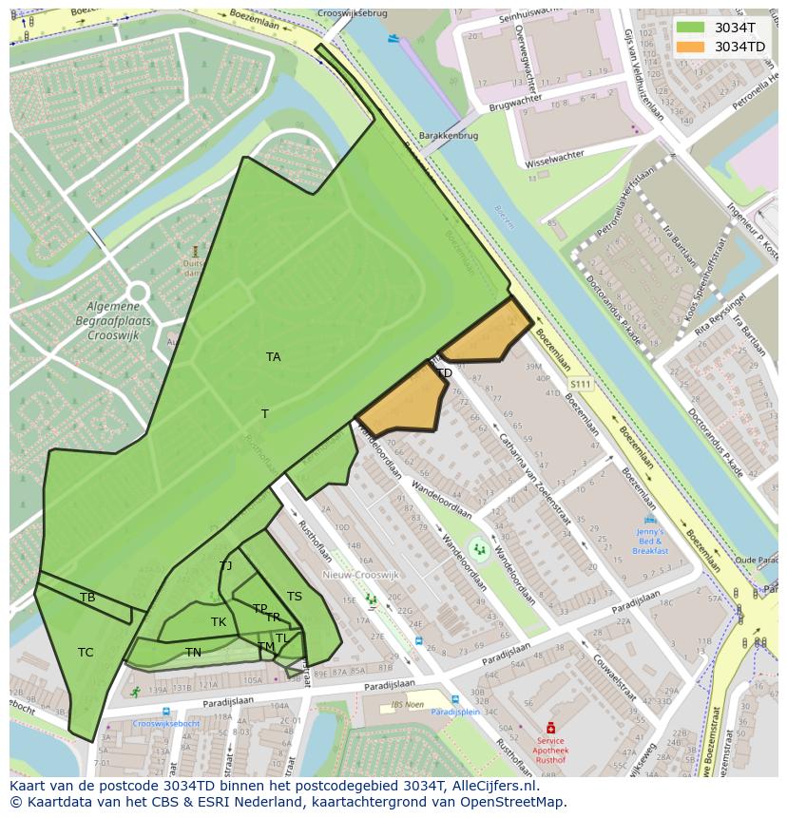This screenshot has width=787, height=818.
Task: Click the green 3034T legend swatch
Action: [x=691, y=28]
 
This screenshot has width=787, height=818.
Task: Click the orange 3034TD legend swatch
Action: [x=691, y=47]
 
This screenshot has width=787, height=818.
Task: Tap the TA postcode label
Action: [x=274, y=357]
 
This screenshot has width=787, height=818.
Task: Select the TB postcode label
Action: [x=87, y=598]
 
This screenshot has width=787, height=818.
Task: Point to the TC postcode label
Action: [x=86, y=653]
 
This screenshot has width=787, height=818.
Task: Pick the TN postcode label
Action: [x=193, y=653]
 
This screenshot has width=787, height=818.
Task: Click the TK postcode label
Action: [x=219, y=622]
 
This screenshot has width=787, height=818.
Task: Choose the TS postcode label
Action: [x=295, y=597]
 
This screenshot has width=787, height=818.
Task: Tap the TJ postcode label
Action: [x=225, y=566]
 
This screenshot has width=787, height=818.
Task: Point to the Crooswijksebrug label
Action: [x=353, y=14]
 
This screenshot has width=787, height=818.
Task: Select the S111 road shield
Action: [x=580, y=384]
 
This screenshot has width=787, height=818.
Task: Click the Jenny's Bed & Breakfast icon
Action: [x=650, y=521]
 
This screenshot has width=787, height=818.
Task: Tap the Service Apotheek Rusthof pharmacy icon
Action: [x=549, y=728]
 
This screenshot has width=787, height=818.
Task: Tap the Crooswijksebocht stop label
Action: [x=166, y=723]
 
